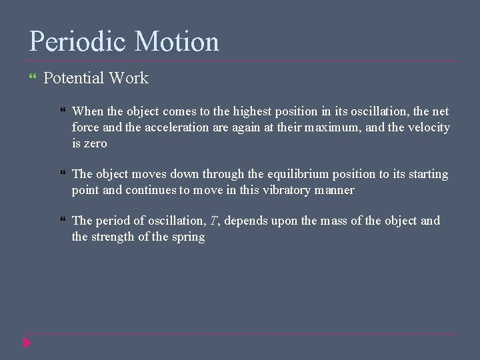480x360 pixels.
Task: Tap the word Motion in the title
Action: click(177, 41)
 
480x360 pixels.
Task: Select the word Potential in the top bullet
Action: click(73, 78)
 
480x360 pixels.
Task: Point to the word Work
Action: click(129, 78)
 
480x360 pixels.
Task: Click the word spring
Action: click(188, 237)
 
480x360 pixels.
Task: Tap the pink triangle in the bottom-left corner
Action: click(27, 344)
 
